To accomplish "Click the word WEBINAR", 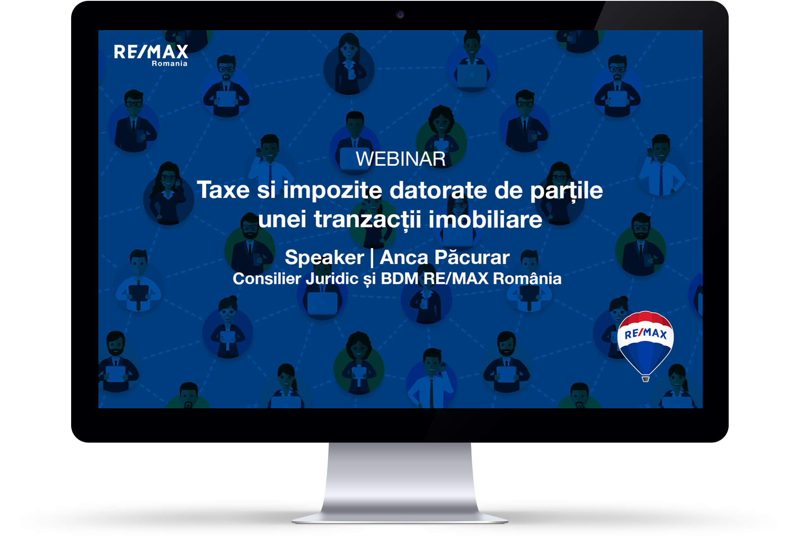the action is tap(400, 159).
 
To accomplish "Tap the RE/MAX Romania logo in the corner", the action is tap(151, 55).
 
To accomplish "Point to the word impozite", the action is tap(333, 191).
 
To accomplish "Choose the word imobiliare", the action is tap(485, 219).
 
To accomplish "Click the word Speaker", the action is tap(325, 258).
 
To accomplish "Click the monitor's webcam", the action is tap(399, 15).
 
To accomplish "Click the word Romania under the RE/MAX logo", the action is tap(170, 64).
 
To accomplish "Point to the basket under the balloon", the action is tap(645, 378).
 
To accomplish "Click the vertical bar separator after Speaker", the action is tap(372, 258).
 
